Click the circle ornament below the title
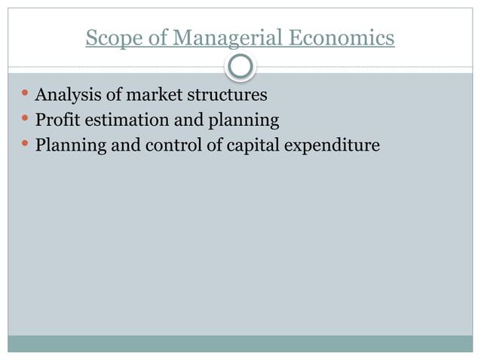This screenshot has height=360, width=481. click(x=240, y=68)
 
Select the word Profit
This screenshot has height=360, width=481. click(x=54, y=120)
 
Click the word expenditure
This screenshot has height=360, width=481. click(x=332, y=145)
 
